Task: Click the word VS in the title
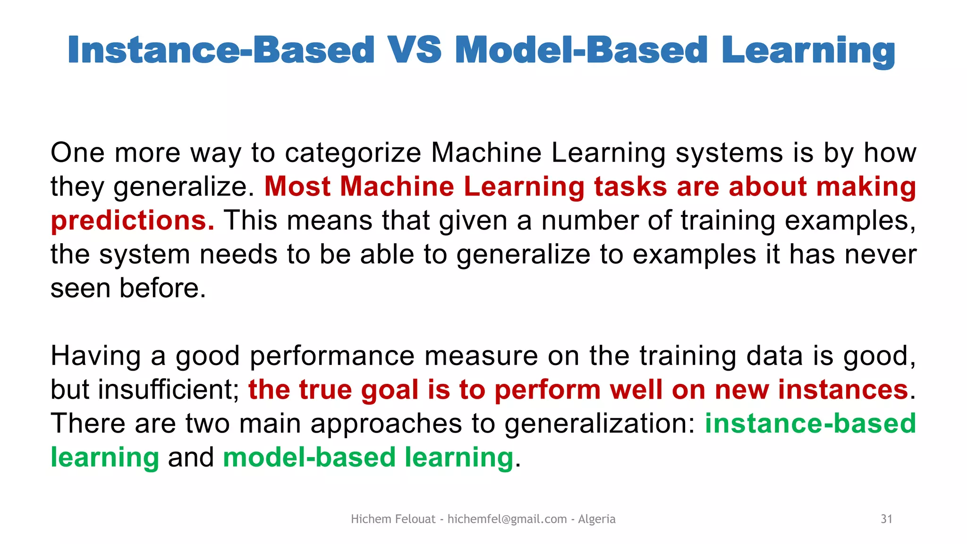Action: coord(414,50)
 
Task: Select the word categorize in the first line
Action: coord(353,153)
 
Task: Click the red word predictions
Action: coord(132,221)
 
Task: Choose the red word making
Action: coord(866,187)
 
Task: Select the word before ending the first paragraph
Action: coord(162,288)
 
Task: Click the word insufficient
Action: coord(169,390)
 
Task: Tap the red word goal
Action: coord(390,390)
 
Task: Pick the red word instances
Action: coord(843,390)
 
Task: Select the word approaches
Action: coord(386,424)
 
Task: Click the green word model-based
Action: coord(309,458)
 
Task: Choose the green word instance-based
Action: coord(810,424)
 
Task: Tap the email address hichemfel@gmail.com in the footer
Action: coord(507,519)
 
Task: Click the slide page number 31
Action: coord(886,519)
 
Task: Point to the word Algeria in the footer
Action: coord(596,519)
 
